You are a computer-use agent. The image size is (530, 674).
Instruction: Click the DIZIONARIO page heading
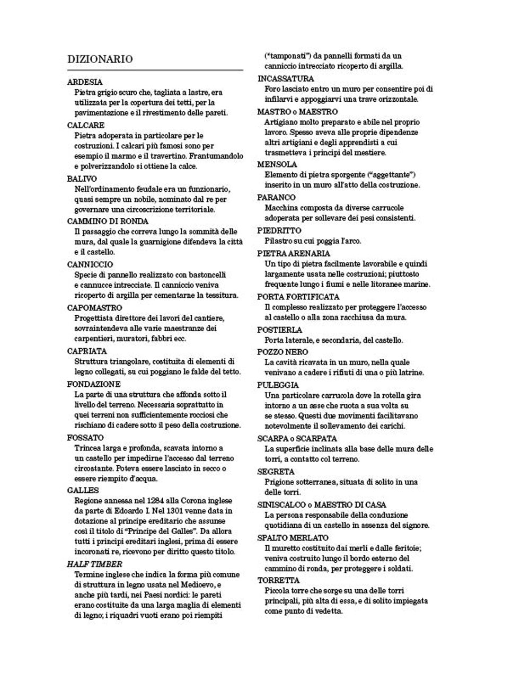click(x=100, y=59)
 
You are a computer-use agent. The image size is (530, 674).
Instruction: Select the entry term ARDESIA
click(x=85, y=82)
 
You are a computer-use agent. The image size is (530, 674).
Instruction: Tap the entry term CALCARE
click(x=86, y=126)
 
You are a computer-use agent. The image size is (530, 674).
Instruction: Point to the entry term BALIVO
click(x=82, y=179)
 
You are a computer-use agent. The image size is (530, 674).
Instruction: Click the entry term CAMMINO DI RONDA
click(x=108, y=221)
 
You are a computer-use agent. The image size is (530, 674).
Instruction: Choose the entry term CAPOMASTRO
click(x=95, y=307)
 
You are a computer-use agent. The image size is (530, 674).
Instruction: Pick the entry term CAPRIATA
click(x=87, y=351)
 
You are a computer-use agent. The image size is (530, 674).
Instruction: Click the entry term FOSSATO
click(x=86, y=438)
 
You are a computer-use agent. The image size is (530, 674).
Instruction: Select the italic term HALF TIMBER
click(x=95, y=564)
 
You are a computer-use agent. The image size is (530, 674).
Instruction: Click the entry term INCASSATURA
click(x=286, y=78)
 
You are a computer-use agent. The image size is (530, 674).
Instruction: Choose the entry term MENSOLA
click(x=277, y=164)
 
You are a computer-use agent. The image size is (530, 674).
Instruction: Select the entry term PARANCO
click(x=277, y=197)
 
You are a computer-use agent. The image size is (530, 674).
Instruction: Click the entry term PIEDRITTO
click(x=279, y=230)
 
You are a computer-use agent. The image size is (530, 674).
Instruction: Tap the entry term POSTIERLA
click(x=280, y=330)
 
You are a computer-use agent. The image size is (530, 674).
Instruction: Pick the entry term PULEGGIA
click(x=278, y=385)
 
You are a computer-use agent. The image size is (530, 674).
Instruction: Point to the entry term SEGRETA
click(x=276, y=471)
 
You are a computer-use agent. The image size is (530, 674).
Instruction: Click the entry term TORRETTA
click(x=279, y=580)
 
